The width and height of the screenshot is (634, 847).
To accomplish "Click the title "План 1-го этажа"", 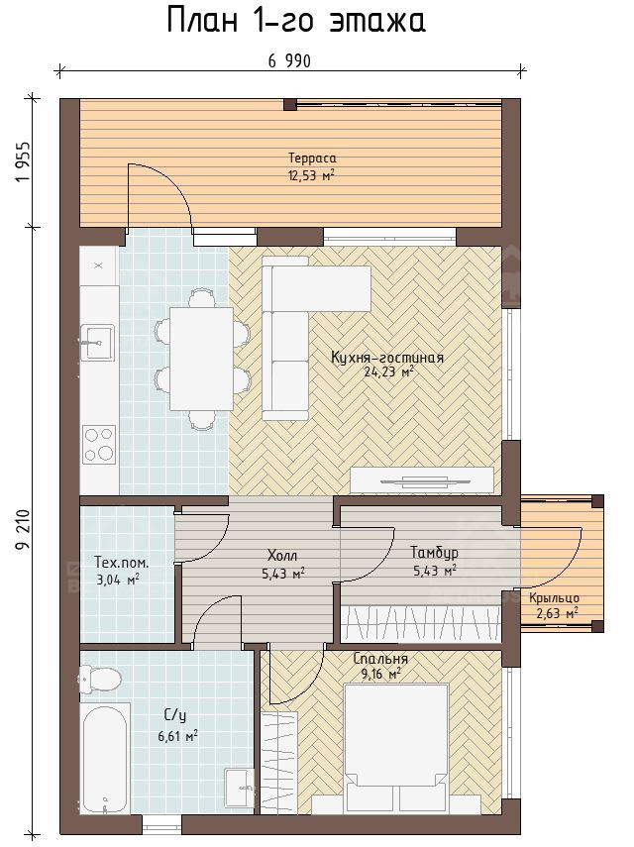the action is (296, 22).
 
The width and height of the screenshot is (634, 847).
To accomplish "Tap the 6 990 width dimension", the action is (289, 61).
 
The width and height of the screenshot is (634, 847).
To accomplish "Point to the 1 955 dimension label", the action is (23, 162).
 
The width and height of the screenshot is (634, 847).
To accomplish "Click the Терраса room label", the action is (312, 159).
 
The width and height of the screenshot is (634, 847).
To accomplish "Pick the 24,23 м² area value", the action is (389, 372).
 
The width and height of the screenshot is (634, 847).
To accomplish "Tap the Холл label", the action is (282, 556).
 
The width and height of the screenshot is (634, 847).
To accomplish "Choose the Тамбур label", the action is (434, 553).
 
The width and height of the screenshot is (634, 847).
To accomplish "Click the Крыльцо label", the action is (554, 598).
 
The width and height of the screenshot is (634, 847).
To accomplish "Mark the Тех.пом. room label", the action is (122, 563).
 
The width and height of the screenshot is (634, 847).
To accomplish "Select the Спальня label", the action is (380, 659).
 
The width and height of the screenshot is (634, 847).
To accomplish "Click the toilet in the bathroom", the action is (100, 679).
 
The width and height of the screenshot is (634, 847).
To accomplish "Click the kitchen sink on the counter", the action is (98, 343).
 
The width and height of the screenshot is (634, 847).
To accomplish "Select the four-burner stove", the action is (99, 444).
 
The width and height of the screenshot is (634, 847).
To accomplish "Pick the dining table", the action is (201, 359).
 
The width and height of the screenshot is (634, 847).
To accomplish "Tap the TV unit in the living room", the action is (422, 479).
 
